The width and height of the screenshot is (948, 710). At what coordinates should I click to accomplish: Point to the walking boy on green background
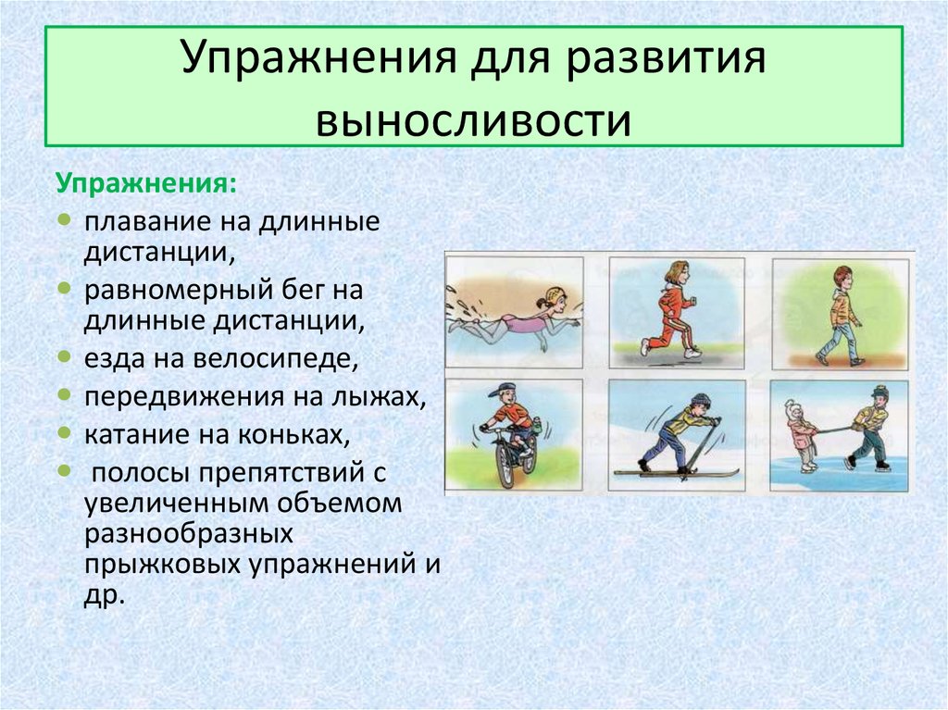(839, 315)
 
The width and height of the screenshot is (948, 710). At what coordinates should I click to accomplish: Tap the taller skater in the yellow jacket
(871, 427)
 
